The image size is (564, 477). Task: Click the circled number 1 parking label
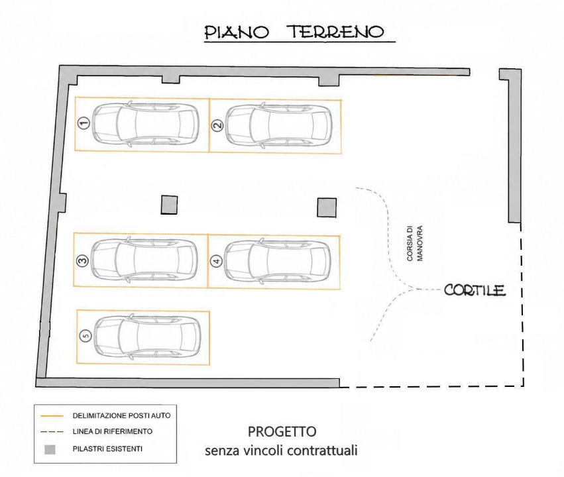coord(84,124)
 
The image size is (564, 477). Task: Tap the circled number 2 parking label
coord(217,125)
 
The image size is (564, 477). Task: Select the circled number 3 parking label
coord(82,260)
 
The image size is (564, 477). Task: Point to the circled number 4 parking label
coord(217,261)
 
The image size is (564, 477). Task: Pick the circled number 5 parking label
coord(85,336)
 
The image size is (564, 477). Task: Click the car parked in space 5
coord(146,337)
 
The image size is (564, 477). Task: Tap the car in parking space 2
coord(278,125)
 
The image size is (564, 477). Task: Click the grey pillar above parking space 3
coord(169,205)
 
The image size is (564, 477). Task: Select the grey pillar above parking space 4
coord(327,208)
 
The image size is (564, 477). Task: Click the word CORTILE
coord(475,290)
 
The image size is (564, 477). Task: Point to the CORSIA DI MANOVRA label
coord(415,243)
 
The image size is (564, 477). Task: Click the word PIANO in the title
coord(237,32)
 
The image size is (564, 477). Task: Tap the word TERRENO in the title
coord(337,32)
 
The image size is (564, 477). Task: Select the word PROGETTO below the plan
coord(282,431)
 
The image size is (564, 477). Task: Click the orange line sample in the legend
coord(52,416)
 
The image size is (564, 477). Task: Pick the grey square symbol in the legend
coord(50,449)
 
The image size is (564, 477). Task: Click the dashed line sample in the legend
coord(52,432)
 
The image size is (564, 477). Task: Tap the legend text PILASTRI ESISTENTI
coord(107,449)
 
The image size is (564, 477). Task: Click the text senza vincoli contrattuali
coord(281,450)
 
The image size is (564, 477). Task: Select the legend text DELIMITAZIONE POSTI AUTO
coord(121,416)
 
